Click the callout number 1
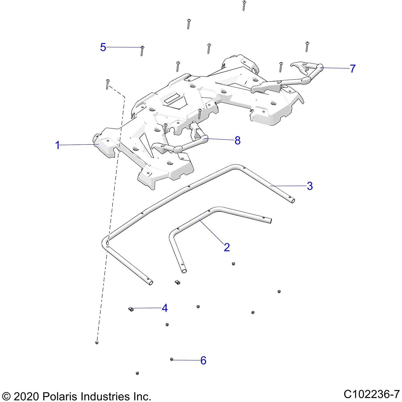pos(57,145)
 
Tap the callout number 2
pos(227,247)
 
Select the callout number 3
pos(310,186)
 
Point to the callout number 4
pos(165,308)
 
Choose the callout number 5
pos(103,47)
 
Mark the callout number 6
pos(203,360)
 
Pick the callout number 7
pos(353,69)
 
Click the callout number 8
pos(237,140)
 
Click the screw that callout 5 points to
pos(142,50)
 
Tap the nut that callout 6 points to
pos(172,359)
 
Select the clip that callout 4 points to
pos(131,309)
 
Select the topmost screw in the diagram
pos(244,5)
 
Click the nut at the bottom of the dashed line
pos(97,343)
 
